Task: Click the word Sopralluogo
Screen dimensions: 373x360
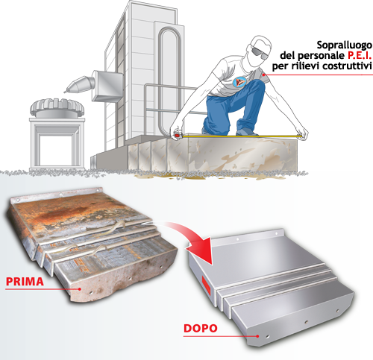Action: coord(345,45)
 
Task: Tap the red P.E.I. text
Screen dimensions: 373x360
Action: coord(360,55)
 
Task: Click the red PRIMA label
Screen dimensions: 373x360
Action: coord(25,282)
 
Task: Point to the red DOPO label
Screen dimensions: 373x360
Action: coord(201,328)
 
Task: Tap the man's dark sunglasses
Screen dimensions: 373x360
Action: coord(260,52)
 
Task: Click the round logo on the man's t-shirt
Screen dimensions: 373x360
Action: coord(239,82)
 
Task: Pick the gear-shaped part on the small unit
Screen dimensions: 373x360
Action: coord(57,107)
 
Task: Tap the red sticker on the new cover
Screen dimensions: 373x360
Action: coord(206,285)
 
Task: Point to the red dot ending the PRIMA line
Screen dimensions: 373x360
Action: coord(80,289)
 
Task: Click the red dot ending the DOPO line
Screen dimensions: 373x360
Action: coord(258,336)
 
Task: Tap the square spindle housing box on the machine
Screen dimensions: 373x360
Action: coord(107,86)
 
